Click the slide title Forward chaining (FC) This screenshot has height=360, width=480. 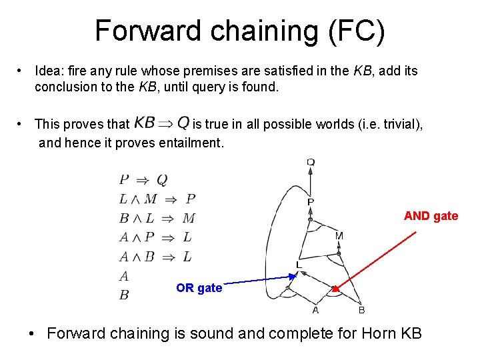coord(239,31)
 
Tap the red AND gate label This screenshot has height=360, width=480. coord(431,216)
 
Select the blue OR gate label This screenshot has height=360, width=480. coord(199,288)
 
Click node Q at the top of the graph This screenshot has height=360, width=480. coord(311,161)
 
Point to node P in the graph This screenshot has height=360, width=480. coord(311,201)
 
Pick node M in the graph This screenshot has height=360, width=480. coord(339,236)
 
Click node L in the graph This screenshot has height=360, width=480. coord(299,265)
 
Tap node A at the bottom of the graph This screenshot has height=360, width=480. coord(315,310)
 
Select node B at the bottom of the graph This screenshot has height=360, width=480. coord(361,310)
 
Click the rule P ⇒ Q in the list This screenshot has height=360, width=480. coord(143,179)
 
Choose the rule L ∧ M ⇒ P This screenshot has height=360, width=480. coord(157,199)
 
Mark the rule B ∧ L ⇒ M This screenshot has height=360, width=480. coord(157,218)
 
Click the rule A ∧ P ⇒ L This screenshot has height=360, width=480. coord(155,237)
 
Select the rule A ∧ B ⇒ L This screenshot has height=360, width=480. coord(155,257)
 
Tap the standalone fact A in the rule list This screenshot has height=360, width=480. coord(124,276)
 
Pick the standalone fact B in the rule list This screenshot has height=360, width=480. coord(124,295)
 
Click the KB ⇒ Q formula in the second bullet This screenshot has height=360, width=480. coord(162,123)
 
